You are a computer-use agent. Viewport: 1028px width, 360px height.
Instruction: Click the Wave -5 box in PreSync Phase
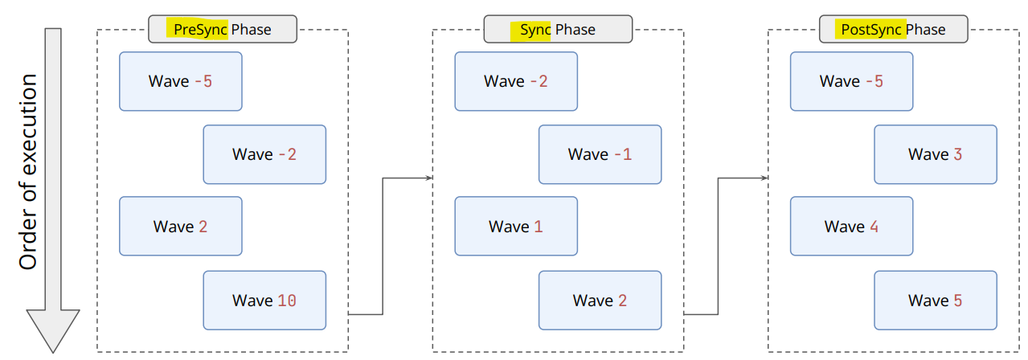pyautogui.click(x=180, y=81)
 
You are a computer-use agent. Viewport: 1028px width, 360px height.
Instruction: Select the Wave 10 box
pyautogui.click(x=264, y=301)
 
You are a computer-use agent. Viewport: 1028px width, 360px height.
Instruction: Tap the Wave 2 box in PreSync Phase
pyautogui.click(x=180, y=226)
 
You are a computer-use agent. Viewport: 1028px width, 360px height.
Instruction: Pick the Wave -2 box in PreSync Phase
pyautogui.click(x=264, y=154)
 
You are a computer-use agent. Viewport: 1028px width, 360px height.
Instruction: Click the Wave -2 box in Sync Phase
pyautogui.click(x=516, y=81)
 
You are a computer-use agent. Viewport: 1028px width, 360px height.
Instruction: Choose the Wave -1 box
pyautogui.click(x=600, y=154)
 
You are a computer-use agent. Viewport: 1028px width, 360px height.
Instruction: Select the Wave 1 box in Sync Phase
pyautogui.click(x=516, y=226)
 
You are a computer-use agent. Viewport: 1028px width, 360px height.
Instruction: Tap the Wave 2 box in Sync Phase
pyautogui.click(x=600, y=301)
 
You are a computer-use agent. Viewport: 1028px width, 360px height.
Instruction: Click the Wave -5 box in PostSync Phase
pyautogui.click(x=851, y=81)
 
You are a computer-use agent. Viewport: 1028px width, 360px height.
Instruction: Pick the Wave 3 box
pyautogui.click(x=936, y=154)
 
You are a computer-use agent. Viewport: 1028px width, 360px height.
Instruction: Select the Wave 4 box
pyautogui.click(x=851, y=226)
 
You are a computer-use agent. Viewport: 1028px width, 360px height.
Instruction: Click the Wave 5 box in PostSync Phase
pyautogui.click(x=936, y=301)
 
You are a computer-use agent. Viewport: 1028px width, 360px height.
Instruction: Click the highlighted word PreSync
pyautogui.click(x=200, y=30)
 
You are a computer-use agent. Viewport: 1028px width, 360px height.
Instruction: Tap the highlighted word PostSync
pyautogui.click(x=871, y=30)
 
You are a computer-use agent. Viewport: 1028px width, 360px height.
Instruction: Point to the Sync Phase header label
pyautogui.click(x=558, y=29)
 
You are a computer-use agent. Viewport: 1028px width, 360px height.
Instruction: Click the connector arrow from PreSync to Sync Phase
pyautogui.click(x=383, y=246)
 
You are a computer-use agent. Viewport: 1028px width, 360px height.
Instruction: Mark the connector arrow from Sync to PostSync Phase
pyautogui.click(x=719, y=246)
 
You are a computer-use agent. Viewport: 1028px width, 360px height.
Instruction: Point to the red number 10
pyautogui.click(x=287, y=301)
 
